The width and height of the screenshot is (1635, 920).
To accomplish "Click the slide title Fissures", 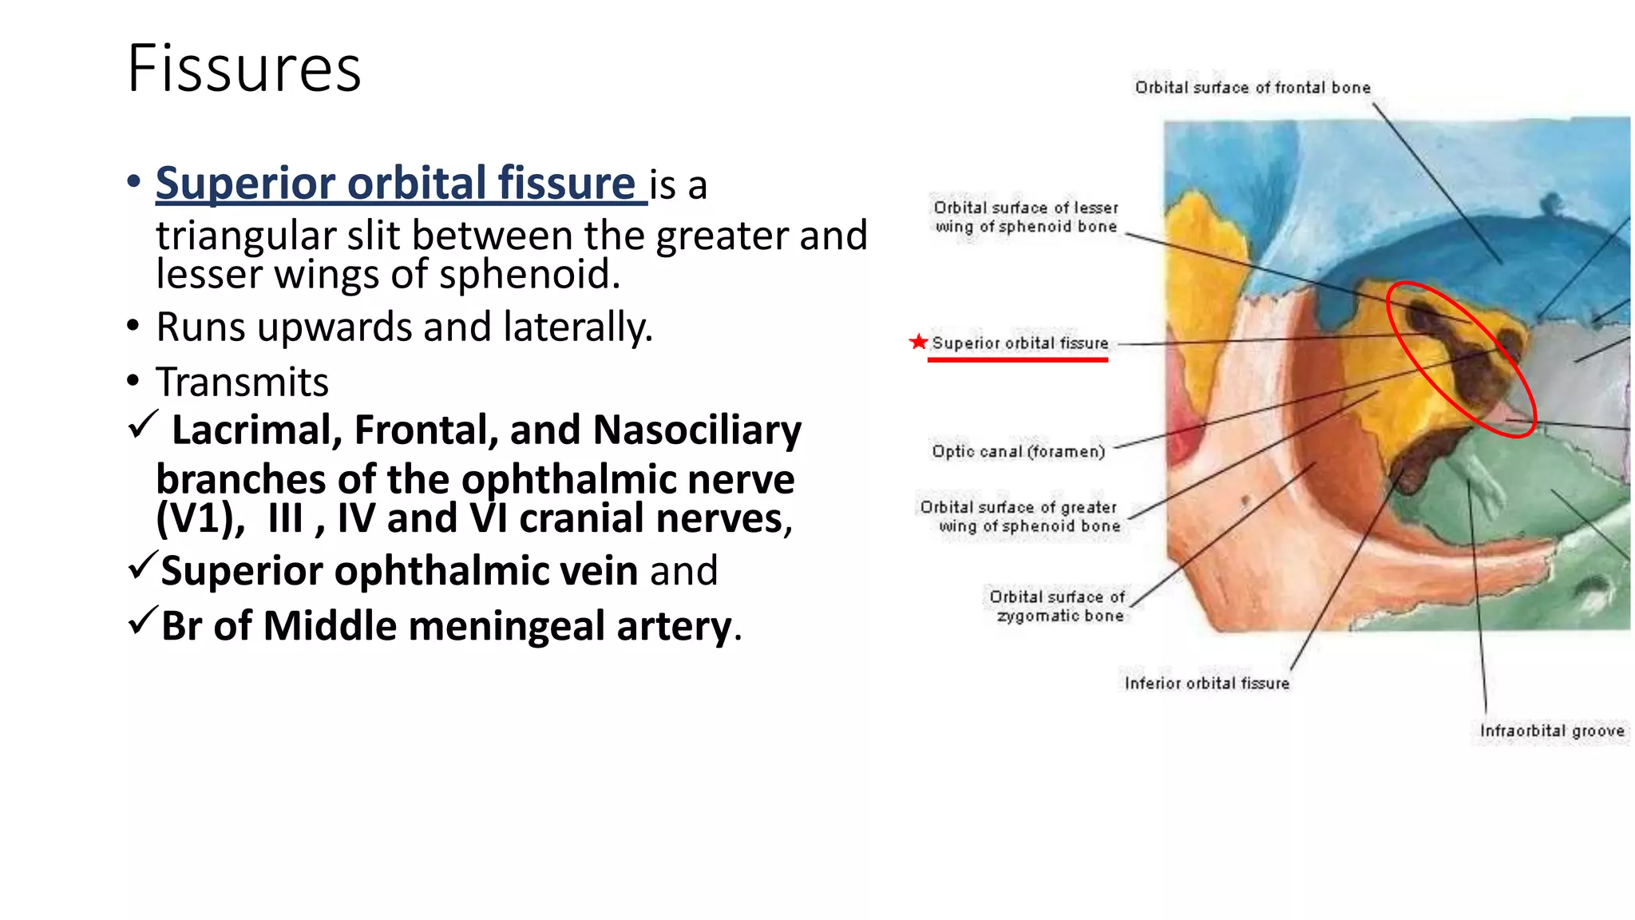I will (243, 69).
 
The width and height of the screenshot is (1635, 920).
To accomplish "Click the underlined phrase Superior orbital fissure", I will (395, 183).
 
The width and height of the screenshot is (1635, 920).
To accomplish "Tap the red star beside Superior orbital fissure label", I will (918, 342).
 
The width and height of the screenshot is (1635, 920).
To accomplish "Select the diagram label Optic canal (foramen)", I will (1018, 451).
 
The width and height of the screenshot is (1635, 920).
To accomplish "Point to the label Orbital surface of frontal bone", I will (1252, 88).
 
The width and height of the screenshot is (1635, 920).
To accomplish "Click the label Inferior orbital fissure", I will (1206, 683).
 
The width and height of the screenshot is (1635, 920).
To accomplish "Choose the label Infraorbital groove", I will (1551, 731).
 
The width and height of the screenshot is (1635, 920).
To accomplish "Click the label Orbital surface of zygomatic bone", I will (1058, 606).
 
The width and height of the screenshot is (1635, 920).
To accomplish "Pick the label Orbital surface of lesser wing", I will (1026, 216).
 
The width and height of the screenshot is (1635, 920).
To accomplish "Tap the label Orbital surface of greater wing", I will (1019, 516).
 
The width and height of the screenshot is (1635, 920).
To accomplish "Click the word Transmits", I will (242, 382).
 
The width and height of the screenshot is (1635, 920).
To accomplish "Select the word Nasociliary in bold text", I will (697, 430).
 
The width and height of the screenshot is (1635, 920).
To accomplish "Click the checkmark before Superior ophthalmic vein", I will (141, 566).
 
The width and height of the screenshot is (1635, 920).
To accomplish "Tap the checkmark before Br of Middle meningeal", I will (141, 621).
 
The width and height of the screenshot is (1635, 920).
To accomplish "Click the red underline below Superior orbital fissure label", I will (1017, 360).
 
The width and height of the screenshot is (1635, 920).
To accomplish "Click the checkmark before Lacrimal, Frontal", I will (143, 425).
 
